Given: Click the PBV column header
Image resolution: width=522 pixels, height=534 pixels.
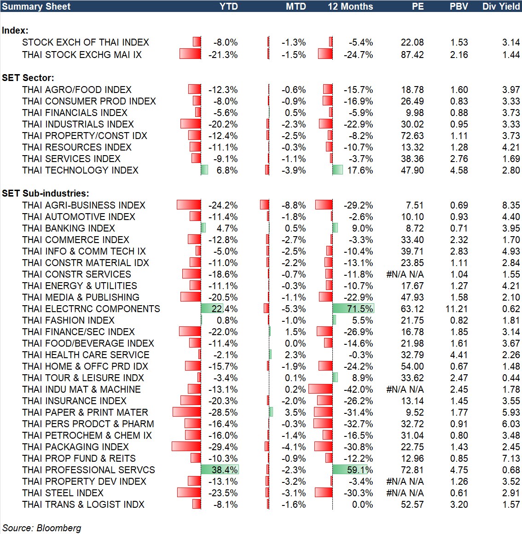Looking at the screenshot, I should (458, 6).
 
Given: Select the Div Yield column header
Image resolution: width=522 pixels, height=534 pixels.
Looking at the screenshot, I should (501, 6).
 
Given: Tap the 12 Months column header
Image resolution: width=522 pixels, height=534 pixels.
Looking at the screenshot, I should (350, 6).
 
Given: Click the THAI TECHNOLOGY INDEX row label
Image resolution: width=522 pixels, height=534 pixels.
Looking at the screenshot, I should (80, 170).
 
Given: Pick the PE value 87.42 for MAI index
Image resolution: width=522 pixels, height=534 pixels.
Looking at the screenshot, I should (412, 55).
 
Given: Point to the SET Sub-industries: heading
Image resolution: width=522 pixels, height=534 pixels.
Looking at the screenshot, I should (46, 193).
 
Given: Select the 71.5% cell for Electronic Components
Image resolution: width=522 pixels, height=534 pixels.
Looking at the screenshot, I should (360, 309).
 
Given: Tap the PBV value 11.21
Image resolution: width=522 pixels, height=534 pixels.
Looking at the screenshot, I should (457, 309).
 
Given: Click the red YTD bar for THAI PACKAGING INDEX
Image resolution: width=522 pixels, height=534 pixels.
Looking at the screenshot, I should (186, 447).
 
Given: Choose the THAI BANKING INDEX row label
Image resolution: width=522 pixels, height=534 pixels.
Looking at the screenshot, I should (69, 228).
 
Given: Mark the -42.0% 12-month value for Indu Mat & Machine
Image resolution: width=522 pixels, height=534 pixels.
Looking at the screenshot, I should (358, 389).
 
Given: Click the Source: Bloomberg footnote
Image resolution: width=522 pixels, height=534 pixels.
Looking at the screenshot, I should (42, 528).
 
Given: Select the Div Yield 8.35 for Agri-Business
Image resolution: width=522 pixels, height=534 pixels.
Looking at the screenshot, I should (511, 205).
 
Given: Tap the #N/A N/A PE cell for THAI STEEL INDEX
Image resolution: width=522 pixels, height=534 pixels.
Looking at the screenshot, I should (405, 493).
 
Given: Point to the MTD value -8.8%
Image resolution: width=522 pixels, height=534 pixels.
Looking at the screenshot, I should (294, 205).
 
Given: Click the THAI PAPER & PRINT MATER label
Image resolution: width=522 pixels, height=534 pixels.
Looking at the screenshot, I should (85, 412).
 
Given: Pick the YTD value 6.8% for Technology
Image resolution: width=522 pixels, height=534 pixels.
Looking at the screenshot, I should (227, 170).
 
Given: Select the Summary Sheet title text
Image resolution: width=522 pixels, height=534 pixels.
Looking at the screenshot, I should (36, 6).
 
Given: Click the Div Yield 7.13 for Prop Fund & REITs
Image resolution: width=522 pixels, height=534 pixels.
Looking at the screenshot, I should (511, 459).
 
